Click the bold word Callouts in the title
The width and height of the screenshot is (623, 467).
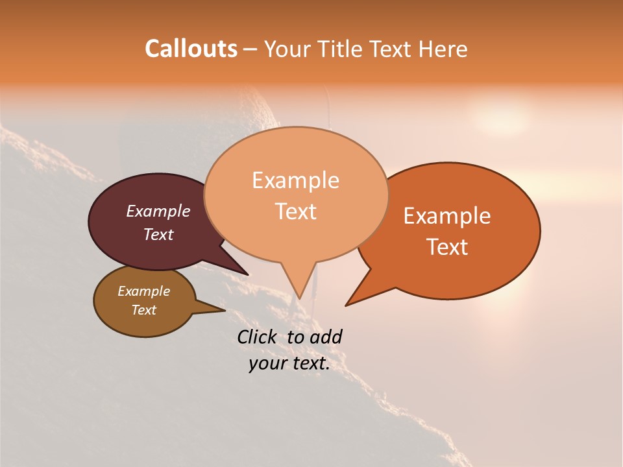tap(191, 49)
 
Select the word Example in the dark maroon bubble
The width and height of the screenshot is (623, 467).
tap(158, 211)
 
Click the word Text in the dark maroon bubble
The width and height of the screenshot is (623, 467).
tap(158, 234)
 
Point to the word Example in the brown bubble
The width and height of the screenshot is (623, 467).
tap(143, 291)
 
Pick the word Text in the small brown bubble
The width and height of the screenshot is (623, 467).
tap(143, 310)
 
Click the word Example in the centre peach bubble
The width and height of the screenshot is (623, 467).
tap(295, 180)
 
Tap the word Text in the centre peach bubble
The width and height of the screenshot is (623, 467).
tap(295, 211)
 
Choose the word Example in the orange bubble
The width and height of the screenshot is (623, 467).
tap(447, 216)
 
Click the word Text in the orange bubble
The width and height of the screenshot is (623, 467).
tap(447, 246)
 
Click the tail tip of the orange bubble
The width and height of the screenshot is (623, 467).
tap(347, 305)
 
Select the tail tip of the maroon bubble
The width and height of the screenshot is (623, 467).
tap(248, 274)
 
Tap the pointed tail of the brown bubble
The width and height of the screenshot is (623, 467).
tap(225, 310)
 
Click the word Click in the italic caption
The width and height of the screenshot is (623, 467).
tap(258, 337)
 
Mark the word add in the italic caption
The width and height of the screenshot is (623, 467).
tap(326, 337)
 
